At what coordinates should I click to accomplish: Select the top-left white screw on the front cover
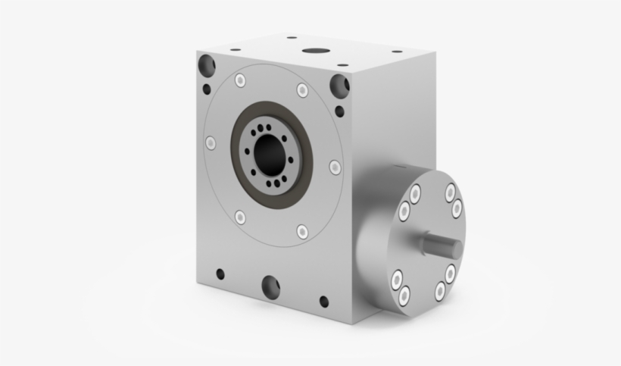[241, 80]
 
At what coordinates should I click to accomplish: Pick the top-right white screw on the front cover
[302, 91]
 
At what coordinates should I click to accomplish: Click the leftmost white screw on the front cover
[211, 142]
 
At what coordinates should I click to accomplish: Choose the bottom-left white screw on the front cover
[240, 217]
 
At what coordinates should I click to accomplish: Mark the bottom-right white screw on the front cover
[302, 230]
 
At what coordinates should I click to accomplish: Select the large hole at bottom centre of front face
[270, 286]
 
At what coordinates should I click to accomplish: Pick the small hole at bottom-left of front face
[220, 274]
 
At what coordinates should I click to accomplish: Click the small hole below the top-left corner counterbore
[206, 89]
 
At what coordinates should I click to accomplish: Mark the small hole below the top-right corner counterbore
[340, 112]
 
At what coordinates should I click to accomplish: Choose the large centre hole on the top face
[313, 52]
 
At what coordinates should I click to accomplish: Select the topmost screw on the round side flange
[451, 192]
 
